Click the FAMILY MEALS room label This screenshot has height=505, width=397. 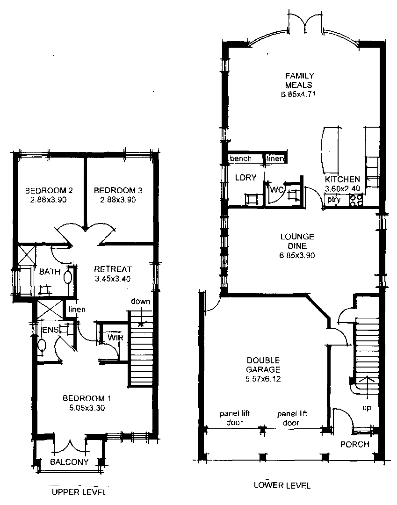300,80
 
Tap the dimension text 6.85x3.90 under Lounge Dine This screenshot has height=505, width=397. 297,256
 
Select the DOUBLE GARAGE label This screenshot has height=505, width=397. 263,365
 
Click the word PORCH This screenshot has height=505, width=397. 354,444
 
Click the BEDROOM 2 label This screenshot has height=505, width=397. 49,191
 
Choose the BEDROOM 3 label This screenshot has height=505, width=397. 118,191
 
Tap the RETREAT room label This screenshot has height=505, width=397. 113,269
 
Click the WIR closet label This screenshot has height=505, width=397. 115,338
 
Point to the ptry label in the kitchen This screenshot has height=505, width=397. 334,200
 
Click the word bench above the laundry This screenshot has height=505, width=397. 240,159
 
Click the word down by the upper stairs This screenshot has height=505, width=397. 140,301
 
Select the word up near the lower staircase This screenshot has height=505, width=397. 368,408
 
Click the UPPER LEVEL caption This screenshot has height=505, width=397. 79,492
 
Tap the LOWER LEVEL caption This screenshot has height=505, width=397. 282,485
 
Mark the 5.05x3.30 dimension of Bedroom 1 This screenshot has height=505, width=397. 87,407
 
